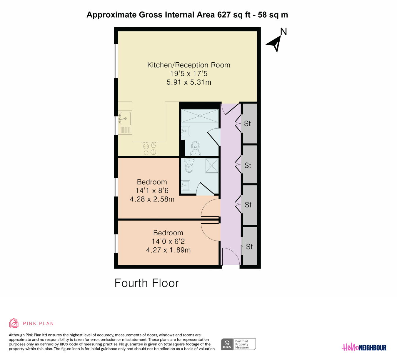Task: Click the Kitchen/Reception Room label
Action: click(189, 65)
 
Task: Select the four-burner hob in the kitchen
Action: click(150, 149)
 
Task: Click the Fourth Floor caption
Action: click(147, 283)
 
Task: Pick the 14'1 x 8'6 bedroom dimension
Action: click(152, 191)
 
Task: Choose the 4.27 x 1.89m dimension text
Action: click(168, 250)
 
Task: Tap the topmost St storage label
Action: click(247, 124)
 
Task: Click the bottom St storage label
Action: click(249, 247)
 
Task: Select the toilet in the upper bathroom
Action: click(196, 149)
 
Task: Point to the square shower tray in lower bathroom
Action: click(211, 166)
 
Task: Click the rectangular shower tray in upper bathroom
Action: click(200, 116)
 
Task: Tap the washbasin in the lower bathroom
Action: click(186, 185)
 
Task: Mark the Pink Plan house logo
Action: click(14, 323)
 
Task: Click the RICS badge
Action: click(238, 344)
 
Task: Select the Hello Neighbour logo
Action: click(364, 347)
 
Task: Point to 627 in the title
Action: click(224, 15)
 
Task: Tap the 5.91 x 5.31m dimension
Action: click(189, 82)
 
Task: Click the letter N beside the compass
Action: click(283, 31)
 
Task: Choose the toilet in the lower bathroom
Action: click(189, 165)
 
